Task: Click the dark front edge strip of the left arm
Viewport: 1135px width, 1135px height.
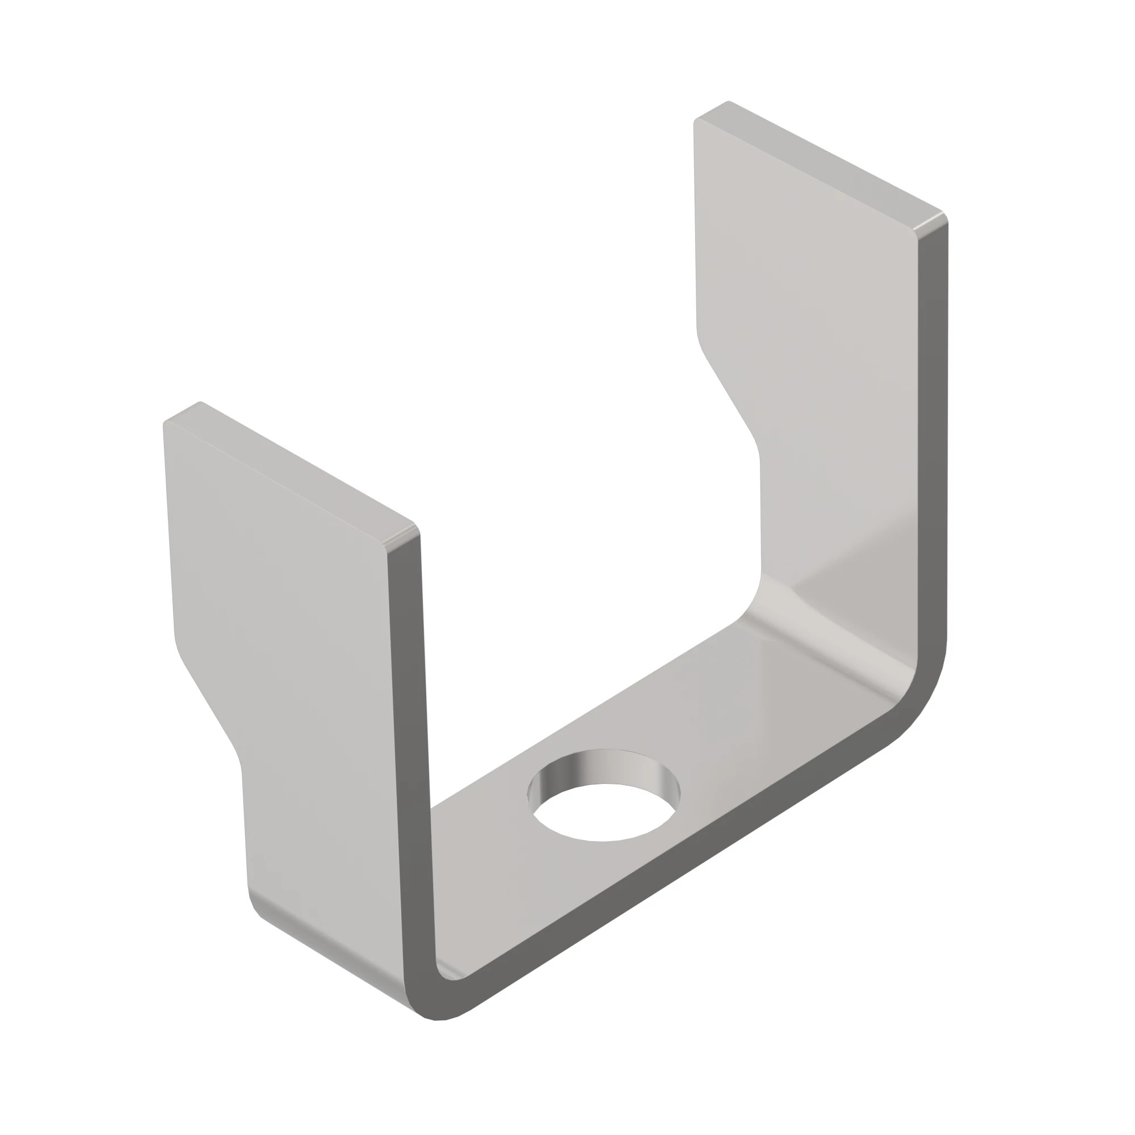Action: coord(411,764)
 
